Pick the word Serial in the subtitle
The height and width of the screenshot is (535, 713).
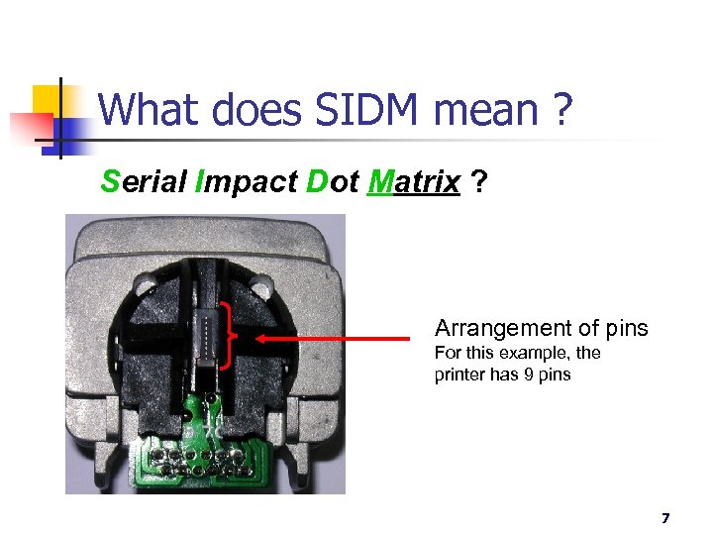point(145,182)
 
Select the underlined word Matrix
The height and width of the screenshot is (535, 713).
point(412,182)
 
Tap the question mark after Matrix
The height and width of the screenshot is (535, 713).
point(479,182)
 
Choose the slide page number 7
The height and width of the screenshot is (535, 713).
point(664,518)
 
